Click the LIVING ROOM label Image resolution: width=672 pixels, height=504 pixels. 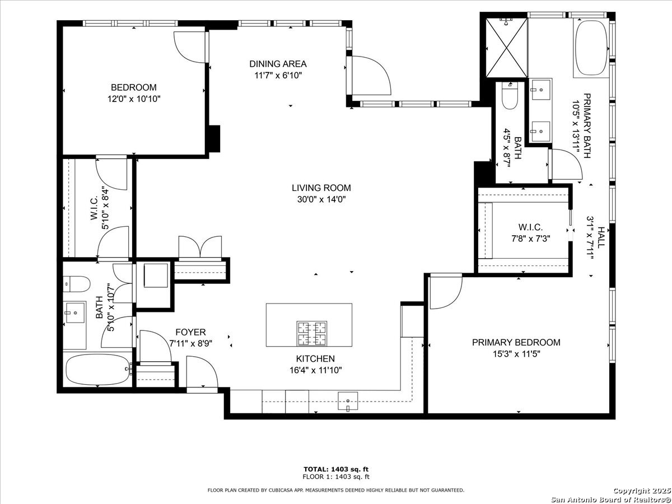pyautogui.click(x=321, y=188)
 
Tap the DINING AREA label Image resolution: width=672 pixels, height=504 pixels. pyautogui.click(x=278, y=64)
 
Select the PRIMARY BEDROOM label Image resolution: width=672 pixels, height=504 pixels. pyautogui.click(x=516, y=343)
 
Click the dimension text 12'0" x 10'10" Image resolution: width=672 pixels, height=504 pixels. pyautogui.click(x=133, y=99)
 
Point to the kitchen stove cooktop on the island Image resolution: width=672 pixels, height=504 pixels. pyautogui.click(x=312, y=333)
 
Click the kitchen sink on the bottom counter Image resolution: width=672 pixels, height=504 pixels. pyautogui.click(x=348, y=401)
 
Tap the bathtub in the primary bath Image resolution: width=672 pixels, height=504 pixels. pyautogui.click(x=590, y=49)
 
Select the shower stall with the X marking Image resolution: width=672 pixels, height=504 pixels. pyautogui.click(x=506, y=48)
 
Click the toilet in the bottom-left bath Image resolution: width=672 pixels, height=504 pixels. pyautogui.click(x=77, y=284)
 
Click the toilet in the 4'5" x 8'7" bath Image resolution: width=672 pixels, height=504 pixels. pyautogui.click(x=510, y=97)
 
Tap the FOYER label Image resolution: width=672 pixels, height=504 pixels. pyautogui.click(x=190, y=332)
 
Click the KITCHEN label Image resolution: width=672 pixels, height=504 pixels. pyautogui.click(x=315, y=359)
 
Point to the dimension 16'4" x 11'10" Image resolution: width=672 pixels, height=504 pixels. pyautogui.click(x=315, y=370)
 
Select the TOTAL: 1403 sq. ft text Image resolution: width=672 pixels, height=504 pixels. pyautogui.click(x=335, y=469)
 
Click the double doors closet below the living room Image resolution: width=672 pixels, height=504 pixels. pyautogui.click(x=199, y=248)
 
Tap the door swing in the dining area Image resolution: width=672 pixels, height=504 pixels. pyautogui.click(x=370, y=76)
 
